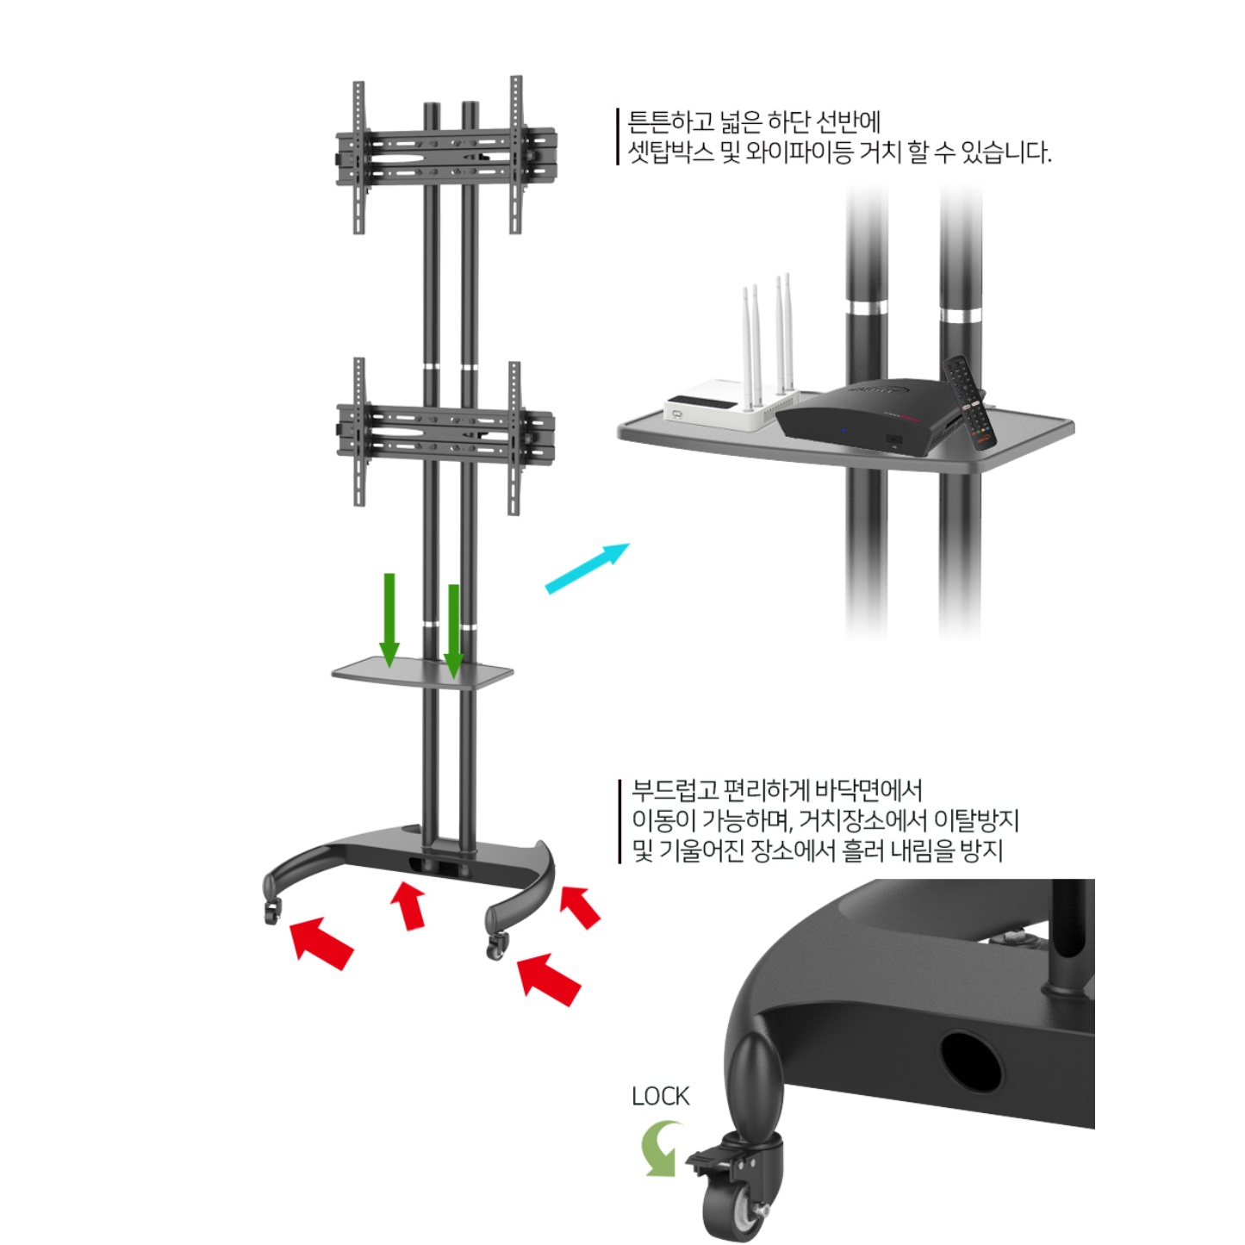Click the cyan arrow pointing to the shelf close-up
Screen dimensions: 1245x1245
588,568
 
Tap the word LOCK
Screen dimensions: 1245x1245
660,1097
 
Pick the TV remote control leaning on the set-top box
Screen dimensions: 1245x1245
970,402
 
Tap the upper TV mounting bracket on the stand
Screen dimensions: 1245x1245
445,155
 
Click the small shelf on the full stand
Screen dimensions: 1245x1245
422,673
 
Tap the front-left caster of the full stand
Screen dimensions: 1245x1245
272,911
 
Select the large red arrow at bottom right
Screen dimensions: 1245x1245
549,980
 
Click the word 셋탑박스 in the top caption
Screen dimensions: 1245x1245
671,152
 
